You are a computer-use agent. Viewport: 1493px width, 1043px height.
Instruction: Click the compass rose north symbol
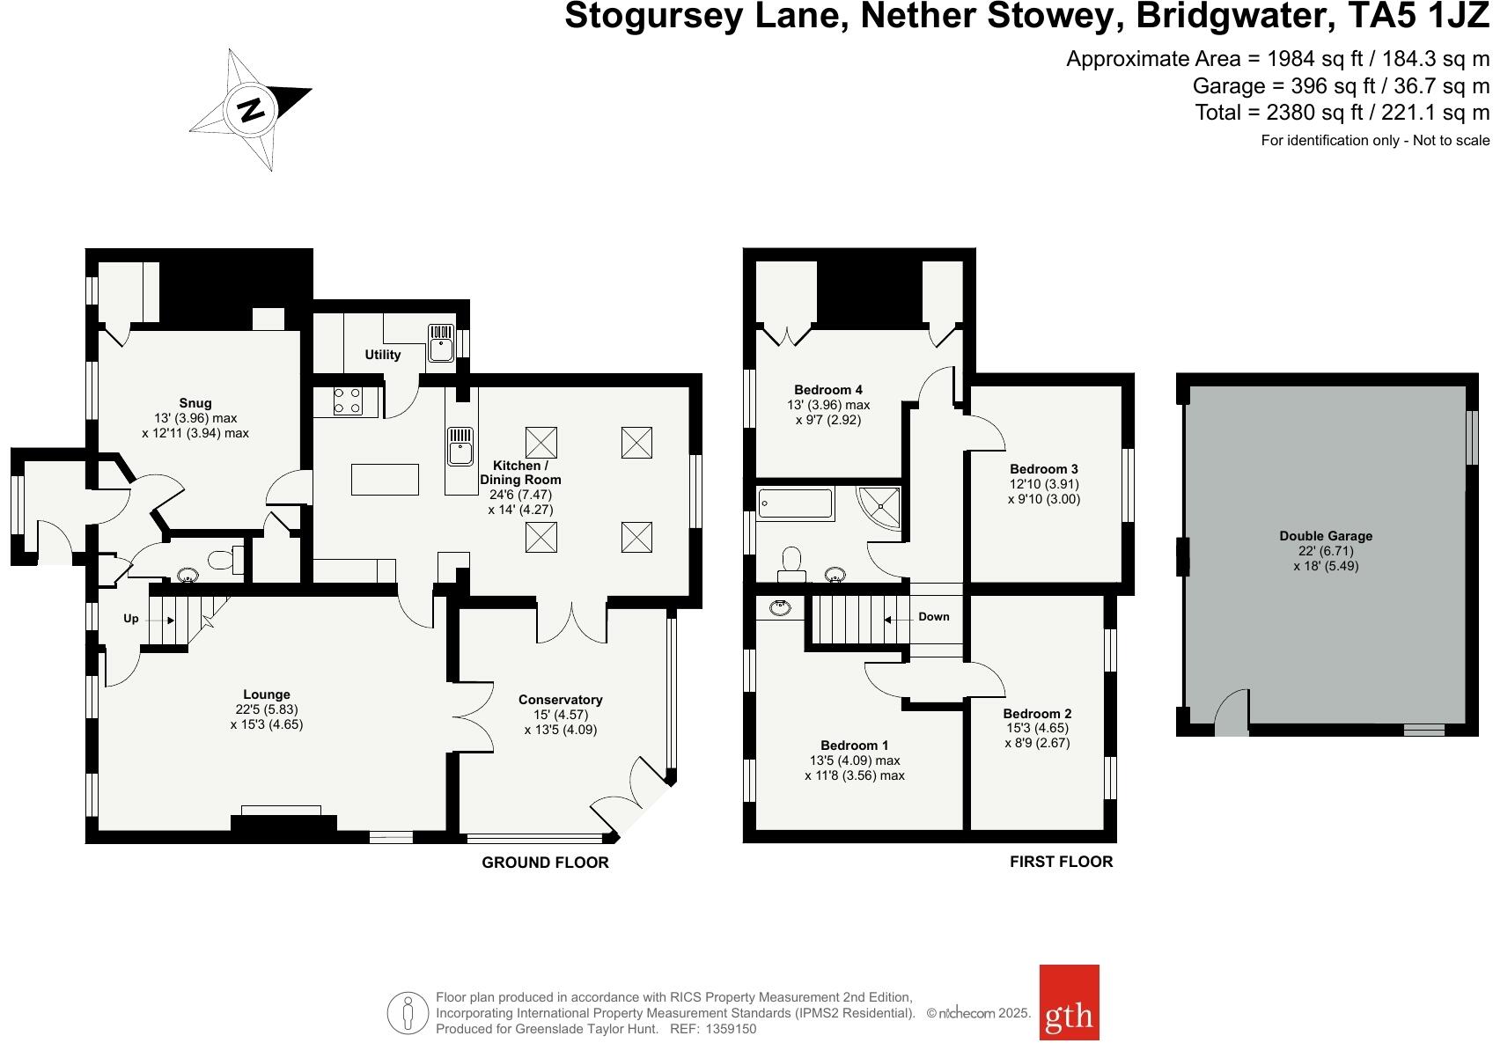coord(251,109)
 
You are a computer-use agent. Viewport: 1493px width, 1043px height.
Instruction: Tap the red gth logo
coord(1069,1014)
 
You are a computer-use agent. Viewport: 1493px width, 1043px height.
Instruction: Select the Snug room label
coord(195,403)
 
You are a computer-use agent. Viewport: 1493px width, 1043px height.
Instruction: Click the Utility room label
coord(382,355)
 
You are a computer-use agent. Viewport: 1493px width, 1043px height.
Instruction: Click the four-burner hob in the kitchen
coord(347,401)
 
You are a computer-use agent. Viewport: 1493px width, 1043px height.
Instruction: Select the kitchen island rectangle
coord(385,479)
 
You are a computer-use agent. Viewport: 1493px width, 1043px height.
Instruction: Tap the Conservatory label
coord(560,700)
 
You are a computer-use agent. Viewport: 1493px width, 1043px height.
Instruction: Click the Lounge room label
coord(267,694)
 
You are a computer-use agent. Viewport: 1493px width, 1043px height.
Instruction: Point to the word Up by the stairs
coord(131,619)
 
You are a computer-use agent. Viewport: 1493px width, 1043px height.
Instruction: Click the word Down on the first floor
coord(933,617)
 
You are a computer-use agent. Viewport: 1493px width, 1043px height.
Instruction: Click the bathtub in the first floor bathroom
coord(795,503)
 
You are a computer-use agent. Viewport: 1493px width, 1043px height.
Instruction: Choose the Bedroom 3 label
coord(1043,469)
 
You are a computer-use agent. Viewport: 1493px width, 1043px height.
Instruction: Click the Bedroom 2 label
coord(1037,713)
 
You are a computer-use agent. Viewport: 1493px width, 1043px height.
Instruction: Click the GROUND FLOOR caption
coord(545,863)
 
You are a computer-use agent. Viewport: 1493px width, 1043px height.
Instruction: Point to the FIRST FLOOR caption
coord(1061,862)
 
